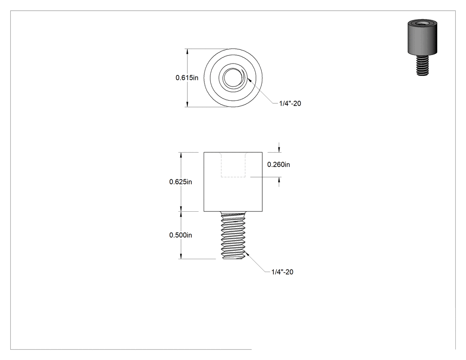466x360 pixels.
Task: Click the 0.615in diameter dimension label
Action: tap(187, 78)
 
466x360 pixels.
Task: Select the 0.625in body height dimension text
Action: tap(181, 182)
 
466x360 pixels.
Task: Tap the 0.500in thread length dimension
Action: tap(181, 235)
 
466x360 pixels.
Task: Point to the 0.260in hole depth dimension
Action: tap(278, 164)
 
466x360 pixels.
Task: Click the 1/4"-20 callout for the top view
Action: tap(290, 103)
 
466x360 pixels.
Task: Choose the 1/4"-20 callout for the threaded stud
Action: tap(282, 272)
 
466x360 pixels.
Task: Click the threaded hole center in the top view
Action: tap(233, 78)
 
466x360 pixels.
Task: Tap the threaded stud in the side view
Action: tap(233, 235)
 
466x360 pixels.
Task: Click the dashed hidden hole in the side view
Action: tap(233, 165)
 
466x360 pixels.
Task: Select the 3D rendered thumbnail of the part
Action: tap(423, 47)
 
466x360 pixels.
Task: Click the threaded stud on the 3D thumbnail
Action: tap(423, 65)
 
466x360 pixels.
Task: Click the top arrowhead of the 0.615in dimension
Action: tap(187, 51)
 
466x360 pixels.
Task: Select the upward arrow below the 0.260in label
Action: tap(279, 182)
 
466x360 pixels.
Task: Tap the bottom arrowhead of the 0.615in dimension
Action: tap(187, 104)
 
